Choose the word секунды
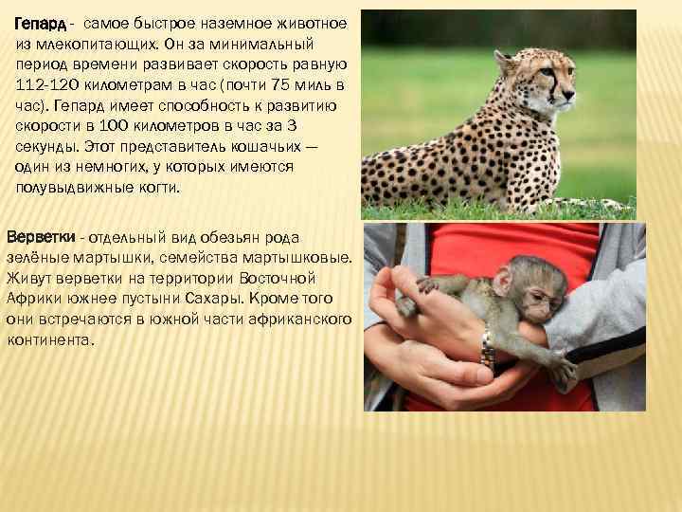click(45, 149)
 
